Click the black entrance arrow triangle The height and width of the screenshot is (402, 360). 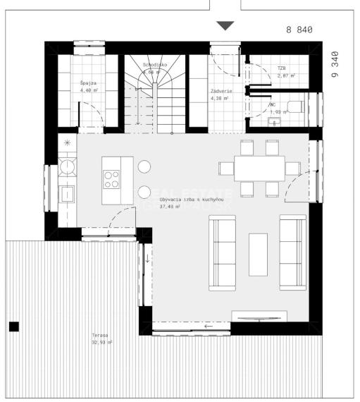(x=225, y=26)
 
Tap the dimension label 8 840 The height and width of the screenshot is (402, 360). (x=299, y=30)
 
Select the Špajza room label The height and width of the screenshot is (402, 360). (x=89, y=83)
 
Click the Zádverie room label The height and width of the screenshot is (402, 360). (x=218, y=91)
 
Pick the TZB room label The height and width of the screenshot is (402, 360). (x=282, y=69)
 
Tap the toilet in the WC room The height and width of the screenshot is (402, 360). (x=296, y=108)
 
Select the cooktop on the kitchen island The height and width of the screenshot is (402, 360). (x=112, y=180)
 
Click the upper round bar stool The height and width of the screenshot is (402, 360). (x=144, y=167)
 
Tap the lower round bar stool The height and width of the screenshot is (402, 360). (x=144, y=191)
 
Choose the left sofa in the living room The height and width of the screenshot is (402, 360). (x=223, y=252)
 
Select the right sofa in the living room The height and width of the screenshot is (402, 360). (x=293, y=252)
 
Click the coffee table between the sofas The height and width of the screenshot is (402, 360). (x=258, y=253)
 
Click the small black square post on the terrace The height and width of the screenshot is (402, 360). (x=13, y=326)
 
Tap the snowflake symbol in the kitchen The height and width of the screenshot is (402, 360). (x=67, y=143)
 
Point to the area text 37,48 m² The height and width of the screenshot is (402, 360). (x=170, y=207)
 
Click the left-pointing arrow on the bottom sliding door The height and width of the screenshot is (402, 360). (x=208, y=327)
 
